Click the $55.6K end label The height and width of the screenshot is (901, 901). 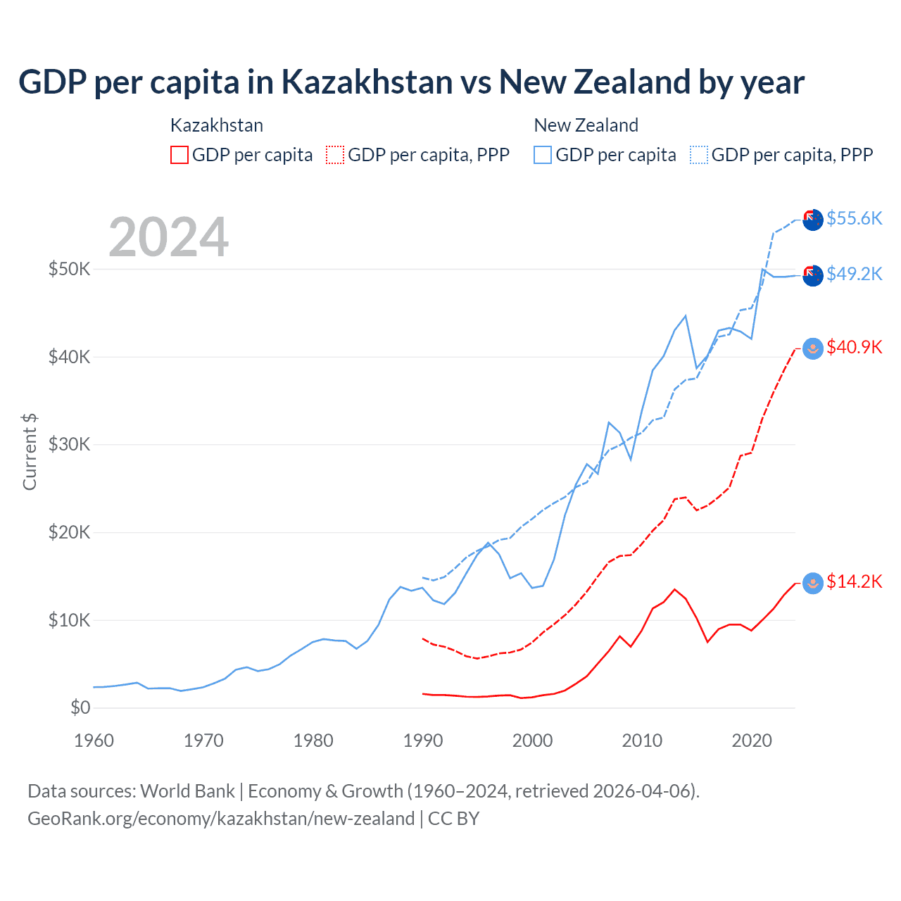pos(854,218)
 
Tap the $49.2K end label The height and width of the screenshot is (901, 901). pos(854,274)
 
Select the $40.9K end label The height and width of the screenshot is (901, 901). pos(854,347)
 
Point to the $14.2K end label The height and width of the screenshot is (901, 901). pos(854,581)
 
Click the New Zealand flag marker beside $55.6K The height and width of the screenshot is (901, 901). pos(813,220)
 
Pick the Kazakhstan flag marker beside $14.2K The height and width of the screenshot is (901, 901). pos(813,583)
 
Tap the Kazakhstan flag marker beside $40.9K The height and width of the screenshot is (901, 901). pos(813,348)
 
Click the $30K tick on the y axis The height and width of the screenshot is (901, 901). pos(69,444)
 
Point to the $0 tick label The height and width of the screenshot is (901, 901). pos(80,707)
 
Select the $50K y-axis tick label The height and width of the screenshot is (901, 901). pos(69,269)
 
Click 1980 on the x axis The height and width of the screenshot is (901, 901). pos(313,741)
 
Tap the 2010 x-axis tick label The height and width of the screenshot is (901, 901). pos(642,741)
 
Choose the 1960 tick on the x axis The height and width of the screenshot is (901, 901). pos(94,741)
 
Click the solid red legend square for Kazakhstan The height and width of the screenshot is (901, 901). pos(179,155)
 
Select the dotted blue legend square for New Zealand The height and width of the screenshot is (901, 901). pos(699,155)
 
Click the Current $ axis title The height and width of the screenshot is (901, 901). pos(30,452)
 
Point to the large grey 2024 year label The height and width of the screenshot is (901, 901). pos(169,237)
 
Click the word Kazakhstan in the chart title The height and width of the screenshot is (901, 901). pos(366,82)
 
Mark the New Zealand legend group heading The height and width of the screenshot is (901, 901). pos(586,125)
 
